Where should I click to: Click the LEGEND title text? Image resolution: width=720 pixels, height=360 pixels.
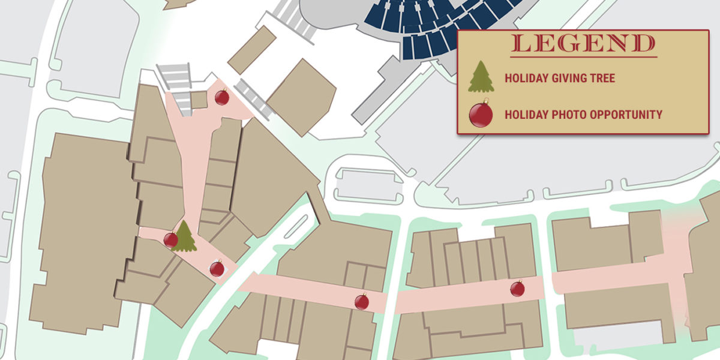[x=584, y=44]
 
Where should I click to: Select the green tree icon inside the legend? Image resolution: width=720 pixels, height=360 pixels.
[x=481, y=77]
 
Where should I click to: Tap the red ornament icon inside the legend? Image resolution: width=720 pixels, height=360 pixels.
[x=481, y=114]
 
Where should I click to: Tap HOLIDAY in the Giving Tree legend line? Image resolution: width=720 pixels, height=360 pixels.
[x=525, y=78]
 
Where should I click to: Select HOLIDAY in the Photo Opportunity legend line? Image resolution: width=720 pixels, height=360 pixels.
[x=525, y=114]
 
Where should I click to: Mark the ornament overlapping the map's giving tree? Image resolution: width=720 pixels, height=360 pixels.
[x=170, y=240]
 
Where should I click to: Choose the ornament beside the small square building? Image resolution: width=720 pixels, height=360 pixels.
[x=222, y=97]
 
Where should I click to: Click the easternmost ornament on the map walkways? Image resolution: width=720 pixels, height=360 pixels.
[x=517, y=289]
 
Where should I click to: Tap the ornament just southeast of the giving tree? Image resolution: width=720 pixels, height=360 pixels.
[x=217, y=268]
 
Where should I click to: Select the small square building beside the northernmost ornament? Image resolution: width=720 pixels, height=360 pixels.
[x=199, y=100]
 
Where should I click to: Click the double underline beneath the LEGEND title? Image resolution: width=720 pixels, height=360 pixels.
[x=584, y=56]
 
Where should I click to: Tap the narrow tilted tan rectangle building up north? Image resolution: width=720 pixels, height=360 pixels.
[x=252, y=50]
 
